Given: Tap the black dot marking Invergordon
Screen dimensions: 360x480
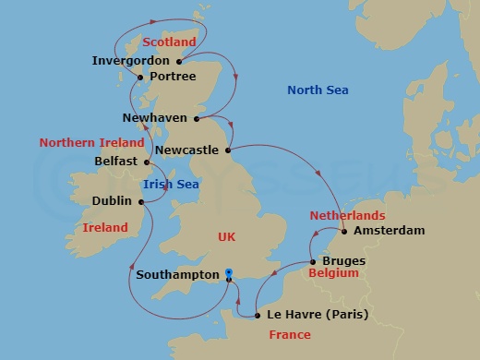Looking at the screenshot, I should (177, 62).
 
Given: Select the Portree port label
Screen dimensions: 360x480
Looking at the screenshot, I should (172, 77).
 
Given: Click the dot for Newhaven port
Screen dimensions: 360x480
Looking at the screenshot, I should (197, 118).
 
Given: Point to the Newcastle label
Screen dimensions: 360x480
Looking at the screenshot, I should (186, 149).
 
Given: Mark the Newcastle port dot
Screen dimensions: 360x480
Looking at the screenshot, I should (227, 149).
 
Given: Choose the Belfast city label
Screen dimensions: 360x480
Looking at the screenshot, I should (116, 161).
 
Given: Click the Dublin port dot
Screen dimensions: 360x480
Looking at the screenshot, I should (142, 199).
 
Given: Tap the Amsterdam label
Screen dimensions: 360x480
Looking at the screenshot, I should (389, 231).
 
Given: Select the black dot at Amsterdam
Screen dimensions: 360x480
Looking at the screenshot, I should (344, 231).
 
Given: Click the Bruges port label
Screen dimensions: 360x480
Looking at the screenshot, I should (343, 261).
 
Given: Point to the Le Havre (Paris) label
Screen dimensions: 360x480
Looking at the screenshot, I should (317, 315).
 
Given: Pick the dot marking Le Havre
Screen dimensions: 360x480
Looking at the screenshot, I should (258, 316).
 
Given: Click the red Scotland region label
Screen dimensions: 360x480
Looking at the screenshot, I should (171, 42).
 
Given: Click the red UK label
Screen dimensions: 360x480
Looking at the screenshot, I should (226, 237).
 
